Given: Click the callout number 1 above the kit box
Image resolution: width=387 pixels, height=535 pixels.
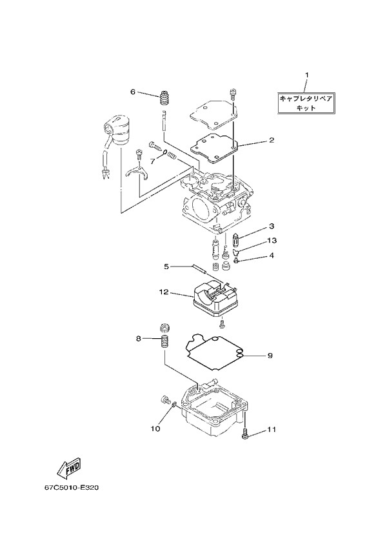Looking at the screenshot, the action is (x=306, y=74).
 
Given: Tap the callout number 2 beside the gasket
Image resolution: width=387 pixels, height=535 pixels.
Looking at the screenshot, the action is (x=272, y=140).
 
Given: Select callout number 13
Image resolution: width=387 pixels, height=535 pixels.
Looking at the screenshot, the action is (x=272, y=241).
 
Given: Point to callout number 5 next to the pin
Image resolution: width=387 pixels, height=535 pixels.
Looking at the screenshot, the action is (x=166, y=267).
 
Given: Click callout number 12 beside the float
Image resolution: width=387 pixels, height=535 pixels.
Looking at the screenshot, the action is (x=164, y=292).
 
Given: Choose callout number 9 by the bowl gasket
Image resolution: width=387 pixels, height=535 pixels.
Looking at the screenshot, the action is (x=270, y=356).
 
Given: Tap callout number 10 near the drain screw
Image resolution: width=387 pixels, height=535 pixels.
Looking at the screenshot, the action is (x=155, y=429).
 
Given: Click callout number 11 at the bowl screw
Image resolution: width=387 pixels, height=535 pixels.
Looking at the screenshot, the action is (x=272, y=429).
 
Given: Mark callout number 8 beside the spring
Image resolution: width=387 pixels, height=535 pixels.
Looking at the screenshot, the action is (x=138, y=338).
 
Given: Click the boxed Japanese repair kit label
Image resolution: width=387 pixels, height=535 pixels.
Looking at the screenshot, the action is (x=306, y=103).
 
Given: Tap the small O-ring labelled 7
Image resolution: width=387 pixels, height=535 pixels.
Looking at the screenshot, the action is (x=165, y=152).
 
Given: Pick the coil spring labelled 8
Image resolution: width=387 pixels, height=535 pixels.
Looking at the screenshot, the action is (x=165, y=342).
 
